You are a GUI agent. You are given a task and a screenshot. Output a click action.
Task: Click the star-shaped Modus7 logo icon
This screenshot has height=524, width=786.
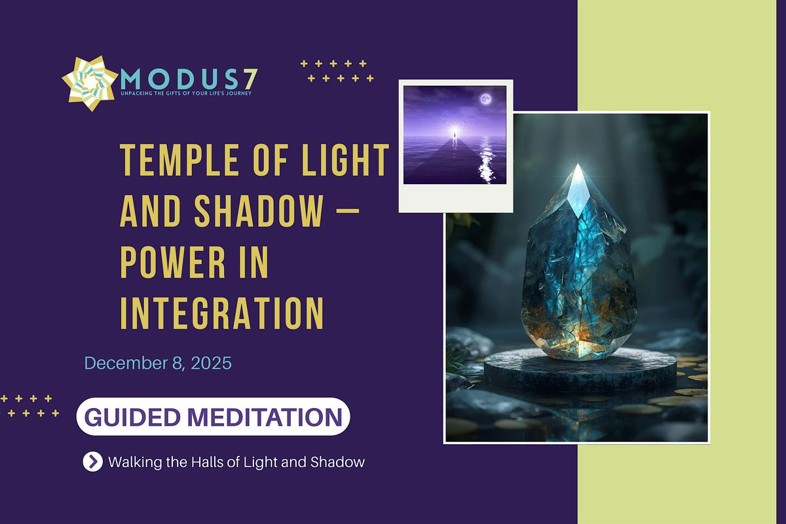pos(90,83)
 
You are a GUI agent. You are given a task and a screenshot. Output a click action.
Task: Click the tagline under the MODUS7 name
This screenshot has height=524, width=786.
pos(186,94)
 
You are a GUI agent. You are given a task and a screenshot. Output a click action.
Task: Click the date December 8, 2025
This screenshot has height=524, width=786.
pos(158,363)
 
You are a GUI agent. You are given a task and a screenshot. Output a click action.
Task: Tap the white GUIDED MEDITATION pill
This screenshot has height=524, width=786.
pos(213,417)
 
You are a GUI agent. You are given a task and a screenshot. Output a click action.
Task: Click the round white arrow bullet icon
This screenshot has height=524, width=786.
pos(92,462)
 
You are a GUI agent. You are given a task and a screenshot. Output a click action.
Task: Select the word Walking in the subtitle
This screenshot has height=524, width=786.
pos(132,462)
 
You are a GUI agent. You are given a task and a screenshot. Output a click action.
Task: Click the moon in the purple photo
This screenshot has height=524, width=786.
pos(485,100)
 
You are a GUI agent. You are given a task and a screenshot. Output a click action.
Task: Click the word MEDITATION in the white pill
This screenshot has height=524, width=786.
pos(281,417)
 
